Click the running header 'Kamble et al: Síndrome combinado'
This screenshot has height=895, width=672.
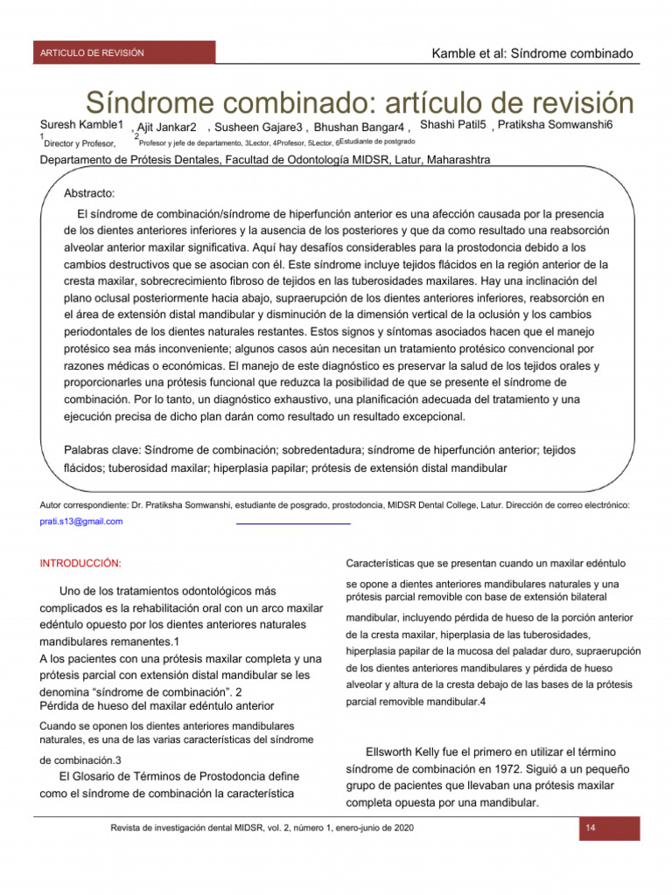532,54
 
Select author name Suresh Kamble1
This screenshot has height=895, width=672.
81,125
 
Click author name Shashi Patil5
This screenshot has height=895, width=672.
452,125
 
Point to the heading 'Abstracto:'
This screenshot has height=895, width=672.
90,192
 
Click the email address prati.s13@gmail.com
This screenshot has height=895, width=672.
81,522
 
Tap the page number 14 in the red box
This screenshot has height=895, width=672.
590,828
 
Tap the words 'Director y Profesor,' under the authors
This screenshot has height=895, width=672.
80,142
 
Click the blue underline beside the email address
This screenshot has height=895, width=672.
293,523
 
